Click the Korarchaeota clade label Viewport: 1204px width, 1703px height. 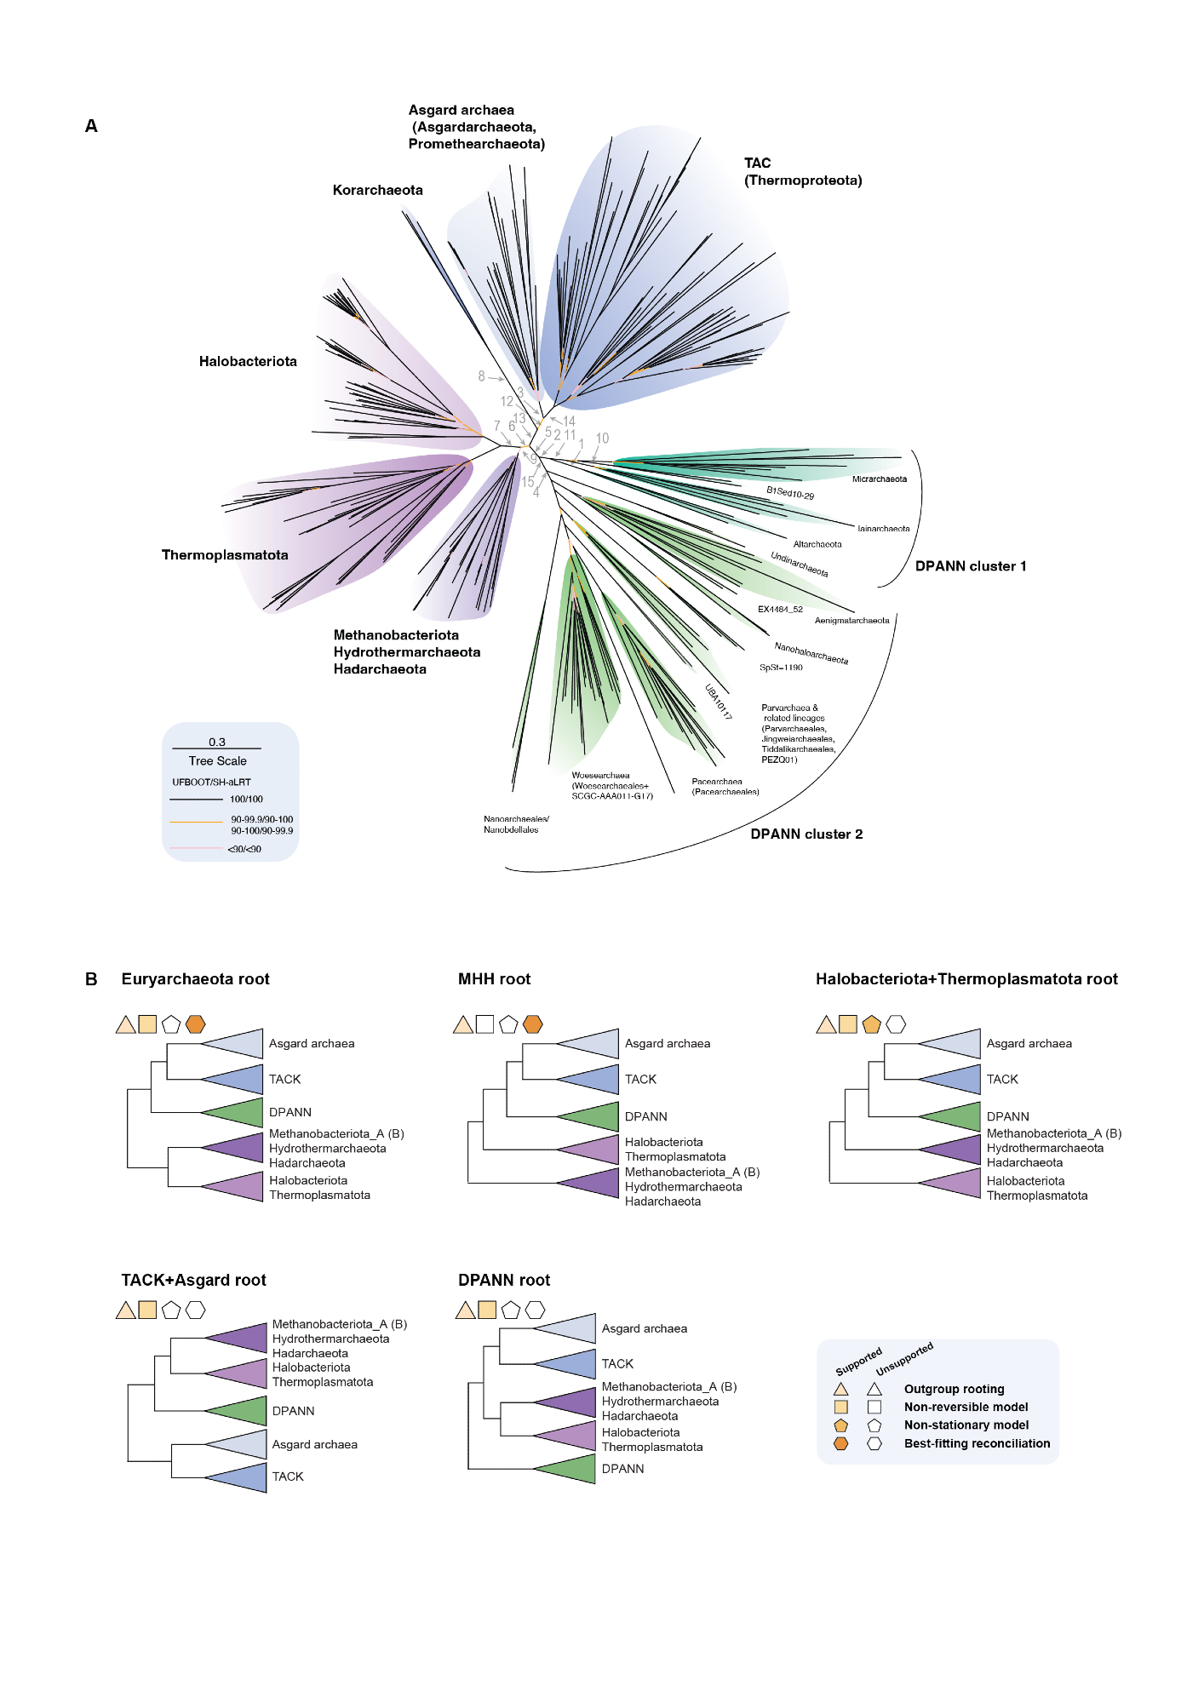(x=377, y=190)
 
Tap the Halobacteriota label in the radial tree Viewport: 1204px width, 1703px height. (x=248, y=361)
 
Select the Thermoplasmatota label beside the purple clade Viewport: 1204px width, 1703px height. (x=225, y=554)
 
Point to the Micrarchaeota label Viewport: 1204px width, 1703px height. (x=879, y=479)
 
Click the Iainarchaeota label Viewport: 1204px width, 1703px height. (x=883, y=529)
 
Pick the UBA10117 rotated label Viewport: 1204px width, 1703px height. (x=718, y=702)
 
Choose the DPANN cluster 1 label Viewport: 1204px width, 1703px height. (x=970, y=566)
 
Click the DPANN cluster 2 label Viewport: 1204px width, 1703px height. (x=806, y=834)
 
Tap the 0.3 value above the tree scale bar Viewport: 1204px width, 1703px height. (x=217, y=742)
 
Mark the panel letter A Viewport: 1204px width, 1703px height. (x=91, y=126)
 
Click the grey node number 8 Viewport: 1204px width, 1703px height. (x=481, y=376)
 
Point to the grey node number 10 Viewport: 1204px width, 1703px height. (x=602, y=439)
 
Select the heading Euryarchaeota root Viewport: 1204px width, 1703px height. (x=195, y=979)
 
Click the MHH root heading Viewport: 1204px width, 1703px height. (x=494, y=979)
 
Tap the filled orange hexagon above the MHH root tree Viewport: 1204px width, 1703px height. (x=533, y=1024)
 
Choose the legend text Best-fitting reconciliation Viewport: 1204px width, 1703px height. (x=977, y=1443)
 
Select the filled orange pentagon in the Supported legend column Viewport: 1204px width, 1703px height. (x=841, y=1425)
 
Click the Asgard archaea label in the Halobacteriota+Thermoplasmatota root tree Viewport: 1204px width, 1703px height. (x=1029, y=1043)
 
